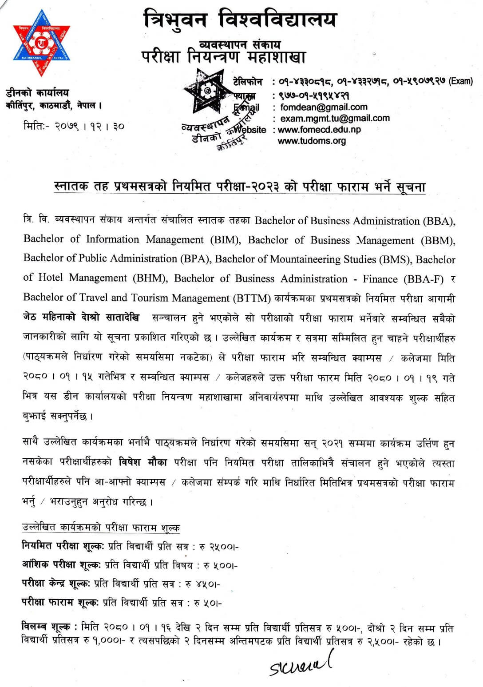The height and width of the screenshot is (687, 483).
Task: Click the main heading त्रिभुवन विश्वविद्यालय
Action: pos(240,20)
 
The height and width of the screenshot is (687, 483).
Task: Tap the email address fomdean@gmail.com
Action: pos(324,107)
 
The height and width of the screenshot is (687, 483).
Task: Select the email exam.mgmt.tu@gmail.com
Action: pos(335,118)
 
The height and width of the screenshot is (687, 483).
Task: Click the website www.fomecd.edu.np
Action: pos(319,130)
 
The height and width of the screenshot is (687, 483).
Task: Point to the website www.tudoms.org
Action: pos(312,141)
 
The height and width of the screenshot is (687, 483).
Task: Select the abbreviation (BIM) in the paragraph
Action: pos(226,240)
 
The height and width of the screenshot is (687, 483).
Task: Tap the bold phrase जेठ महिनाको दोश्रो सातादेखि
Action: pos(81,318)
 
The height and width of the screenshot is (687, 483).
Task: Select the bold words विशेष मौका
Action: pos(143,462)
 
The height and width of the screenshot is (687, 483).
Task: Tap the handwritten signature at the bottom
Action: pos(301,664)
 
